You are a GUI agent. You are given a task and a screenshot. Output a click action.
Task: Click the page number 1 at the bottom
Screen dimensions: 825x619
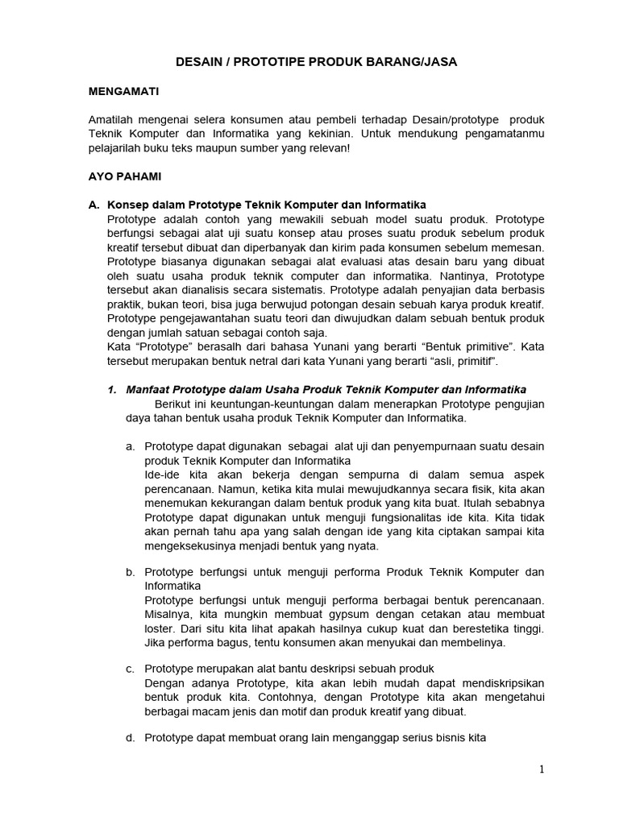click(x=542, y=769)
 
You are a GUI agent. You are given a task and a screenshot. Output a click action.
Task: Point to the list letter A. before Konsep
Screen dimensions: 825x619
click(x=94, y=205)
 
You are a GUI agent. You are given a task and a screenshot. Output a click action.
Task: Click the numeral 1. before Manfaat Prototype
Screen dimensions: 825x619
click(x=113, y=390)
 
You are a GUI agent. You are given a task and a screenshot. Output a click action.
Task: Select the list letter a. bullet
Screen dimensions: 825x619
click(x=130, y=446)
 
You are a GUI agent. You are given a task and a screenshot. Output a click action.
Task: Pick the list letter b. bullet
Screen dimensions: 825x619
click(x=130, y=571)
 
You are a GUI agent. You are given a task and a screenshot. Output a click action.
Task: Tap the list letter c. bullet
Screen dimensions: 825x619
click(x=130, y=668)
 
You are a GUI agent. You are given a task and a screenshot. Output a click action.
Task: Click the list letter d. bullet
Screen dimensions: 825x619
click(x=130, y=736)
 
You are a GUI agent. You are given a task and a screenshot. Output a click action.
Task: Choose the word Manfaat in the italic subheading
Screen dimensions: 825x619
click(x=150, y=390)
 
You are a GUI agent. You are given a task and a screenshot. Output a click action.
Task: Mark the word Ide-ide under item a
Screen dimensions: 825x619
click(x=164, y=475)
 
